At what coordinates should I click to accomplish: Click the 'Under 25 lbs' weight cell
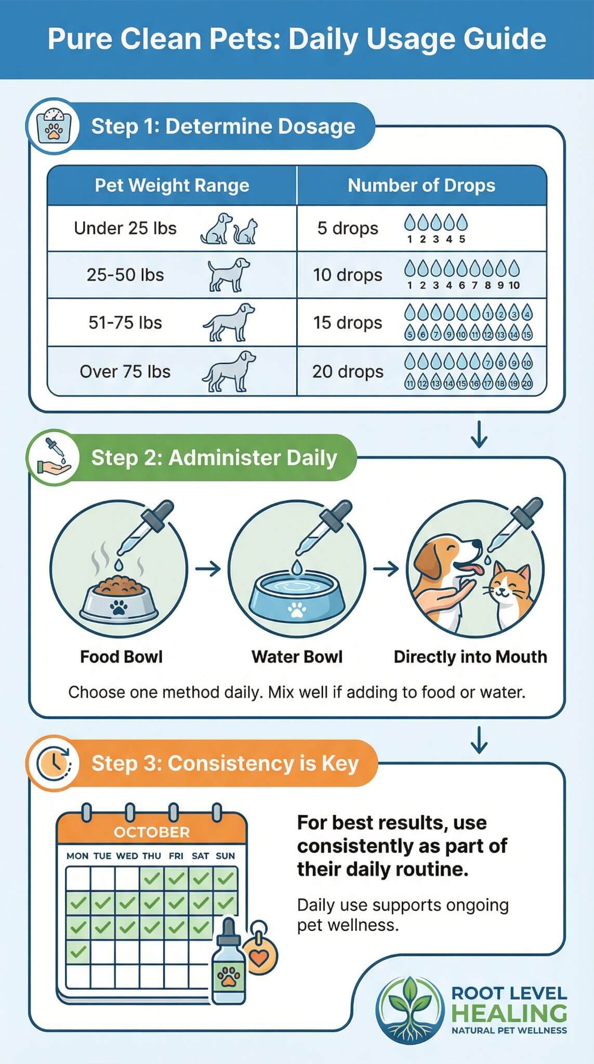click(125, 229)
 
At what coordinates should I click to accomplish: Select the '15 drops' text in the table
click(347, 323)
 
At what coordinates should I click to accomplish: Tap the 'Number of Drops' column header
click(421, 185)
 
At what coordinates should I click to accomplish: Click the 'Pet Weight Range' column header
click(172, 185)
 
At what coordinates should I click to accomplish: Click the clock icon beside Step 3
click(52, 763)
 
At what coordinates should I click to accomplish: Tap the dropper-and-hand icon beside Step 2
click(52, 457)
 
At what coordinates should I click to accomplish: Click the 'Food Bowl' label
click(121, 657)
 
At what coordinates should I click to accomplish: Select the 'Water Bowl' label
click(297, 657)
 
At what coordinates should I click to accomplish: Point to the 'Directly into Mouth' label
click(470, 657)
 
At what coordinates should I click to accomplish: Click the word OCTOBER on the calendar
click(152, 832)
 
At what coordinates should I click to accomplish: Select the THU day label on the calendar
click(152, 856)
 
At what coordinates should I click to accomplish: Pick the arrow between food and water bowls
click(208, 569)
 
